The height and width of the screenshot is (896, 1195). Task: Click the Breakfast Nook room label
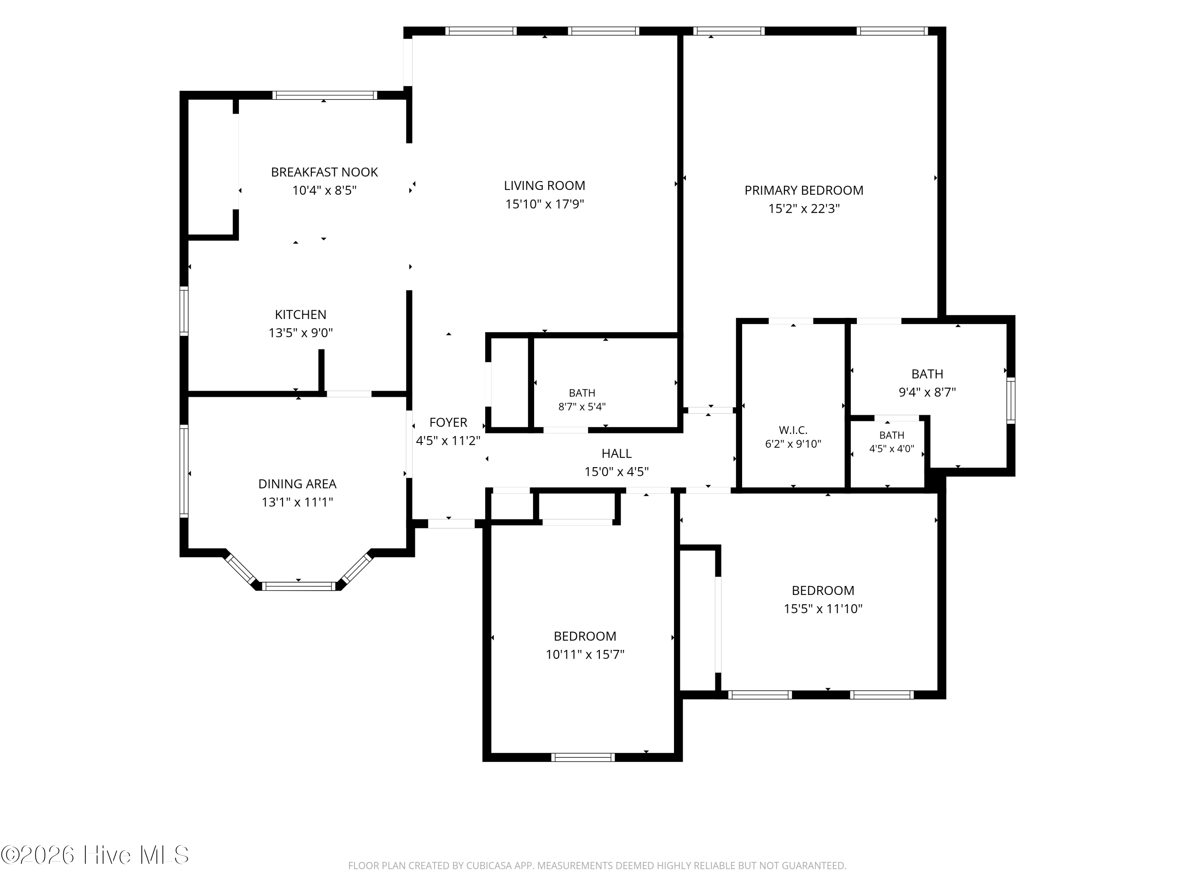324,172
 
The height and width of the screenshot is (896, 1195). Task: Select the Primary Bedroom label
804,191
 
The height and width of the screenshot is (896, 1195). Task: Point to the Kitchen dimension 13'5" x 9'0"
300,333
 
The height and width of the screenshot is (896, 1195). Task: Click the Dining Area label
297,484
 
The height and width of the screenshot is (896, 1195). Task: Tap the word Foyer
449,423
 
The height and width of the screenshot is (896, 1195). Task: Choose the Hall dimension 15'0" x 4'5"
616,472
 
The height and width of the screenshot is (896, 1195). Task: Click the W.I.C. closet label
793,430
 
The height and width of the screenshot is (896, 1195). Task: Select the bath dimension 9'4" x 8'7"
927,393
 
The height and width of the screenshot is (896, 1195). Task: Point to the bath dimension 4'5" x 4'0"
891,449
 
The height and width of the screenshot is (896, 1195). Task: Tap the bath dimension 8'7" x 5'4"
582,407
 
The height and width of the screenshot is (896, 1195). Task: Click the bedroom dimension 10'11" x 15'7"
585,655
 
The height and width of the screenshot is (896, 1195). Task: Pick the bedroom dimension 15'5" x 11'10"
823,608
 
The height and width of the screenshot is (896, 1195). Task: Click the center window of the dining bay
299,586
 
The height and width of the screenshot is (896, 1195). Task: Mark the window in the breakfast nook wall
324,96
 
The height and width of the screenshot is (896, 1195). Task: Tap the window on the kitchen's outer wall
184,311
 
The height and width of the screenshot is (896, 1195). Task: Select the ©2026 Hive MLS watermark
95,855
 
